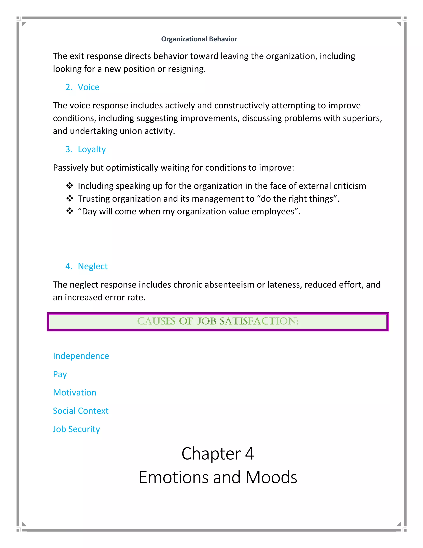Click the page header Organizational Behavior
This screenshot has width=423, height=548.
pos(199,39)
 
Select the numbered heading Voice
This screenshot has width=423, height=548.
pos(88,87)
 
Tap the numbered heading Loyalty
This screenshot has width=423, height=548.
pos(92,149)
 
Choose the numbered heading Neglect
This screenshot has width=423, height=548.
pos(93,266)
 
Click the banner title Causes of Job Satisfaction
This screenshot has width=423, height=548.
pos(218,321)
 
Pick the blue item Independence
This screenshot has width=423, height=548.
pos(81,356)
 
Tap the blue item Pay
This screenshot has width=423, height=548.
pos(60,374)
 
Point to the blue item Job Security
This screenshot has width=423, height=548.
pos(76,429)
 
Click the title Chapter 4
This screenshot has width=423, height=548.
pos(218,454)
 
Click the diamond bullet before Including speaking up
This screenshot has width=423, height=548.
pos(70,186)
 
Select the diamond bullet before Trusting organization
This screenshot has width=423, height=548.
pos(70,199)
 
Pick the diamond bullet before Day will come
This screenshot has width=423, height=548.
pos(70,211)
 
